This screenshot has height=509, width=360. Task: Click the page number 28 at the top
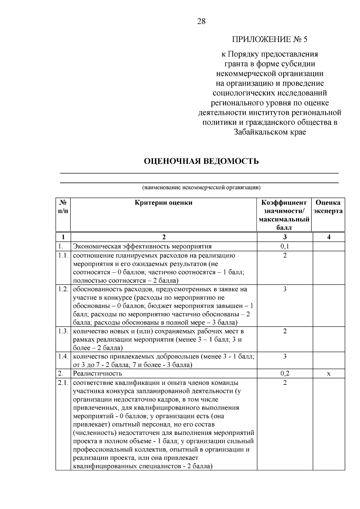201,21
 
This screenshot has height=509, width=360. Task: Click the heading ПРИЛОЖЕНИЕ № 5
270,40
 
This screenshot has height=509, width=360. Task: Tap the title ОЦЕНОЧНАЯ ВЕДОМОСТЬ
201,161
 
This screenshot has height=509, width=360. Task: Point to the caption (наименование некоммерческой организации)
201,188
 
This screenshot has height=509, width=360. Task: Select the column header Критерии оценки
163,203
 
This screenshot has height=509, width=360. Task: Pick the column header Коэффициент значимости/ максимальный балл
284,215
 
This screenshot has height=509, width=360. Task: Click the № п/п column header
63,207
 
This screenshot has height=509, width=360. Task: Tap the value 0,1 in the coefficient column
284,247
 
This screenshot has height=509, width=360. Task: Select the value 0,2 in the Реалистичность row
284,373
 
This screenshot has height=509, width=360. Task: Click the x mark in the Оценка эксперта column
328,374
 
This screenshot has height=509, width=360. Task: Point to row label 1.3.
63,331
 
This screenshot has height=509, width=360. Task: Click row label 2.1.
63,383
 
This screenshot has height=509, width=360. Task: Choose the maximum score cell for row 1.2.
285,289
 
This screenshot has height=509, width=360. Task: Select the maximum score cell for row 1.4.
285,357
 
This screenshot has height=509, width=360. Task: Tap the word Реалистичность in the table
98,373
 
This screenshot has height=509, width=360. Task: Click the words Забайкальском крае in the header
270,132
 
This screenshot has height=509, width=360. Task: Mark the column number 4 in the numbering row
328,237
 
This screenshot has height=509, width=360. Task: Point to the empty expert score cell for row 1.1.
328,268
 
